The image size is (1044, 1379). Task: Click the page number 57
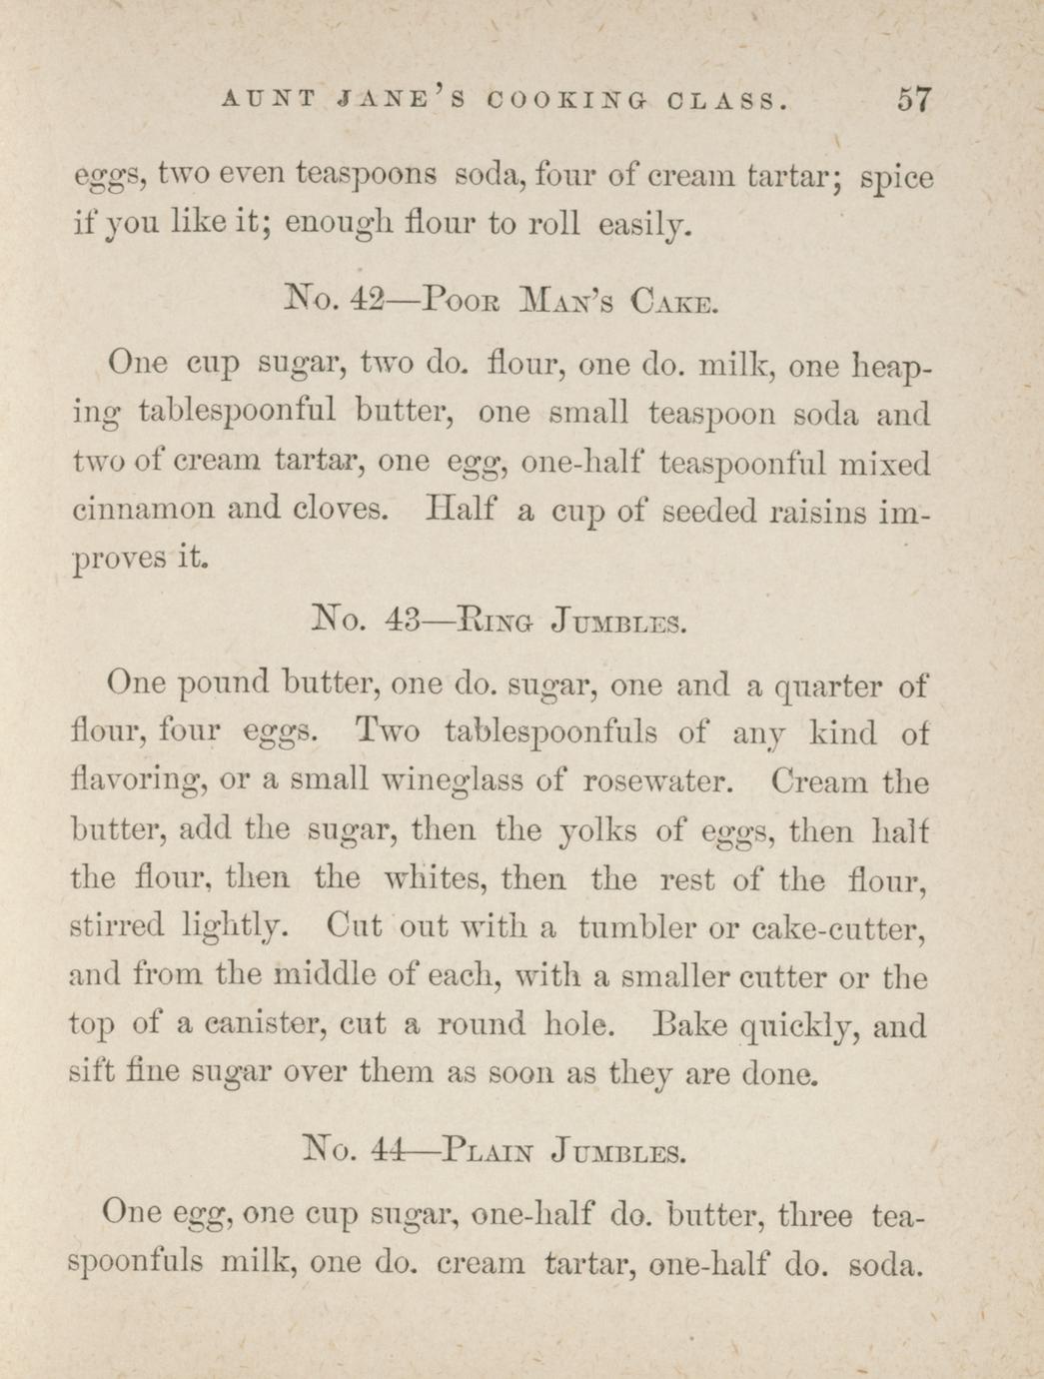tap(914, 100)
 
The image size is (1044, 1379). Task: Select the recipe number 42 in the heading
tap(352, 299)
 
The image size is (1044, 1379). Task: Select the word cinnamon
tap(143, 509)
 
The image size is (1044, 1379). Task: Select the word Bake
tap(687, 1024)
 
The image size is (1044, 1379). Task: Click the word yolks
tap(594, 830)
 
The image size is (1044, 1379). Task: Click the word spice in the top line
tap(896, 178)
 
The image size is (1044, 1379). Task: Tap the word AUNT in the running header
tap(269, 101)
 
